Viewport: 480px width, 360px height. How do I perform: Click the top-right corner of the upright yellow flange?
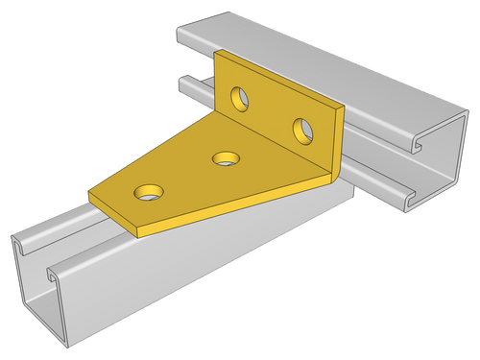click(x=343, y=108)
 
